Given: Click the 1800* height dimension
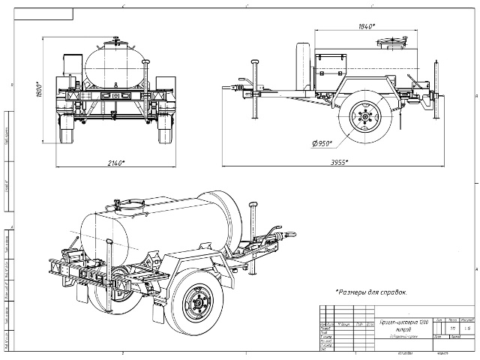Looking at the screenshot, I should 47,91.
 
